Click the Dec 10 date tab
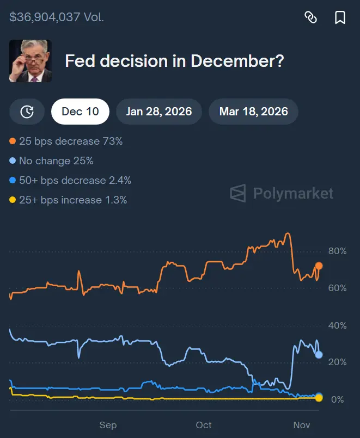point(80,112)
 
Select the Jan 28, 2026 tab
point(159,112)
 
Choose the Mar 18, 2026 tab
point(253,112)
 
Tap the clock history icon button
point(27,112)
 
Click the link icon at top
point(310,17)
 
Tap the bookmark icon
point(340,17)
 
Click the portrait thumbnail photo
point(30,61)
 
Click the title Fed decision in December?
point(174,61)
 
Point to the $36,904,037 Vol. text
point(57,17)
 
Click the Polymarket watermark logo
point(282,193)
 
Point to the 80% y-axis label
point(337,251)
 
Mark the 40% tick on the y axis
point(337,325)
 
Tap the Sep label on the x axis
point(108,425)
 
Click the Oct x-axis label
point(204,425)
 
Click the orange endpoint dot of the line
point(319,266)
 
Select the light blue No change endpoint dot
point(319,355)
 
